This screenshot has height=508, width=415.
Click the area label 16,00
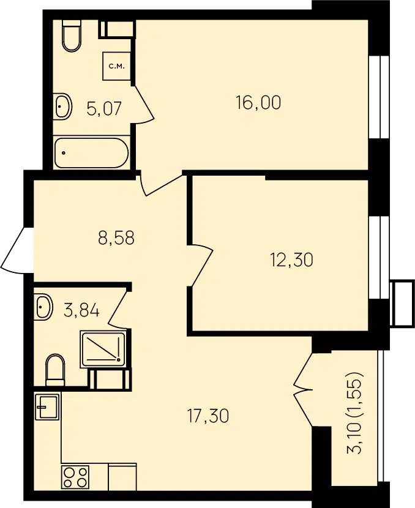[x=258, y=103]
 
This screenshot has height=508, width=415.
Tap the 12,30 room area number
[x=291, y=260]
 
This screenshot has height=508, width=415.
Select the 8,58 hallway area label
[x=116, y=237]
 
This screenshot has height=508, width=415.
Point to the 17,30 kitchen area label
[x=208, y=416]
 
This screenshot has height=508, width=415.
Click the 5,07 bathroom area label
[x=104, y=108]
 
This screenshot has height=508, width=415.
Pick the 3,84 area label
[x=81, y=310]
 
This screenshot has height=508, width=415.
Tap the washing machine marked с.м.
[x=116, y=67]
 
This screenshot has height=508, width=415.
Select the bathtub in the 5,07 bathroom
[x=92, y=153]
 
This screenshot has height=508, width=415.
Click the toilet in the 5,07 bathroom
[x=72, y=35]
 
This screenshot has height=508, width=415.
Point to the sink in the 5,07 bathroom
[x=62, y=106]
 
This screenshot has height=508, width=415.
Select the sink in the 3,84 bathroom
[x=43, y=306]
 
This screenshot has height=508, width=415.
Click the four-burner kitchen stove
[x=76, y=476]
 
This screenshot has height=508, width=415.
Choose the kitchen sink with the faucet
[x=47, y=407]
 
